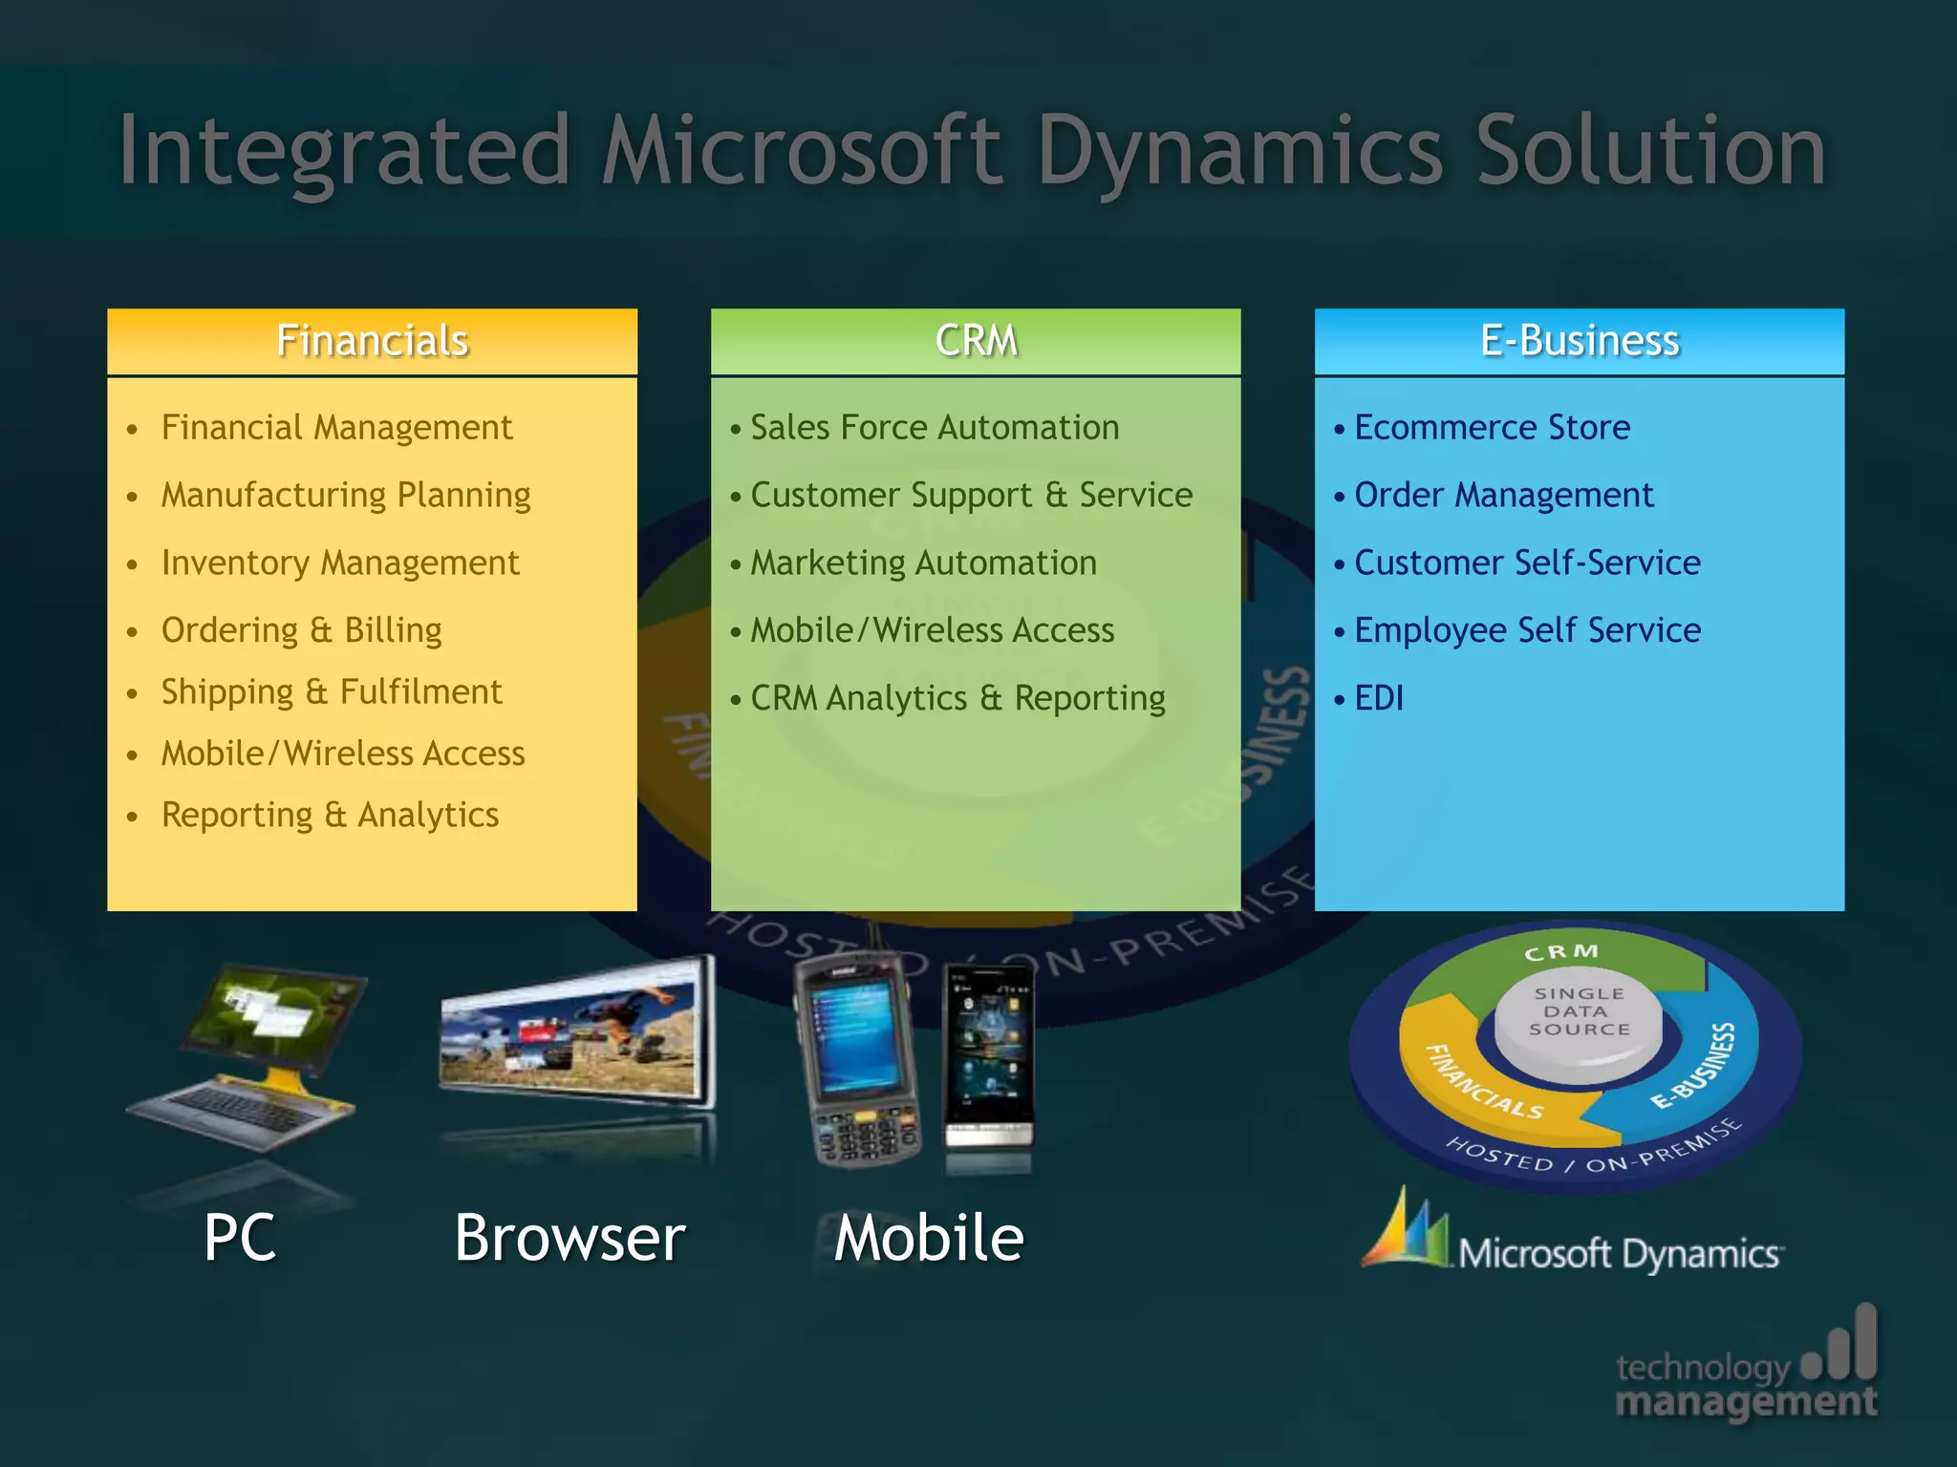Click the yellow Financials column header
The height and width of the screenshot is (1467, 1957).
click(x=372, y=341)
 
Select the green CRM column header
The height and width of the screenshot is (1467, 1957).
click(x=976, y=341)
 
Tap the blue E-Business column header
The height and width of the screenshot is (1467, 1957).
click(x=1580, y=341)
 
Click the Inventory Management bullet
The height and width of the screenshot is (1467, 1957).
click(x=339, y=563)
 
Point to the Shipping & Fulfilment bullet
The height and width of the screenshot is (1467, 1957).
click(x=331, y=691)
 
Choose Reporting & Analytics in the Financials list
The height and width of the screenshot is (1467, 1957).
click(x=330, y=815)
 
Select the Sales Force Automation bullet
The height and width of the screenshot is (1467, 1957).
click(x=934, y=427)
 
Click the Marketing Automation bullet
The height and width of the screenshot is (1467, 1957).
click(x=922, y=563)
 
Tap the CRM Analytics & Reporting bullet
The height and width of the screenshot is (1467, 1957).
click(x=957, y=698)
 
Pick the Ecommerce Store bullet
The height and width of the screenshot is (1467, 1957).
click(x=1491, y=427)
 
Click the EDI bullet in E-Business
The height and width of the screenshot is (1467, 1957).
click(x=1378, y=698)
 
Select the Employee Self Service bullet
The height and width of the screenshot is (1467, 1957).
click(x=1526, y=630)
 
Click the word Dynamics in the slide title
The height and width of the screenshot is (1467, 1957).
click(x=1238, y=151)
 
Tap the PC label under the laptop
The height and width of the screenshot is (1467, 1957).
click(x=239, y=1238)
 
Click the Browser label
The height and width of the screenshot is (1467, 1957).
click(x=570, y=1238)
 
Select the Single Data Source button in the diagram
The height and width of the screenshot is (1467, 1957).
click(x=1579, y=1014)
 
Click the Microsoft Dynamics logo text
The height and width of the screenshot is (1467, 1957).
click(x=1619, y=1252)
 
